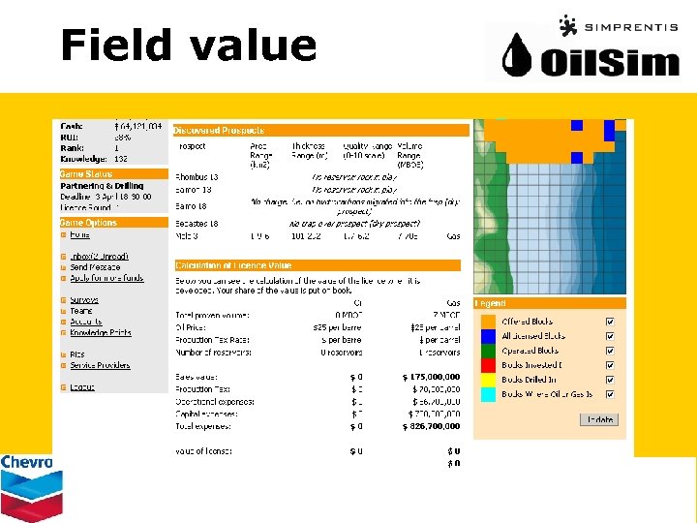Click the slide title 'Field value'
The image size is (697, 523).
pos(188,45)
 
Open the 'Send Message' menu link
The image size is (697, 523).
pos(95,267)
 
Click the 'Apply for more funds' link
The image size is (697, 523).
pos(106,278)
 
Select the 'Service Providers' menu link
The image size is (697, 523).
pos(100,365)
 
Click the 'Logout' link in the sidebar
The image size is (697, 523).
pos(82,387)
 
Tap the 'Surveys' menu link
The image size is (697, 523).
pos(84,300)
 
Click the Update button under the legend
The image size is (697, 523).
pos(598,419)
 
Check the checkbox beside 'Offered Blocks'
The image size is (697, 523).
pos(609,322)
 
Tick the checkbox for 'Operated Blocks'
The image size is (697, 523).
pos(609,351)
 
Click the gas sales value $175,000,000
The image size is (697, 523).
pos(431,377)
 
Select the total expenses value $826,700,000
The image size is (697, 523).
pos(431,426)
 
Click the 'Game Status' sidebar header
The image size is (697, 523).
pos(87,174)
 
